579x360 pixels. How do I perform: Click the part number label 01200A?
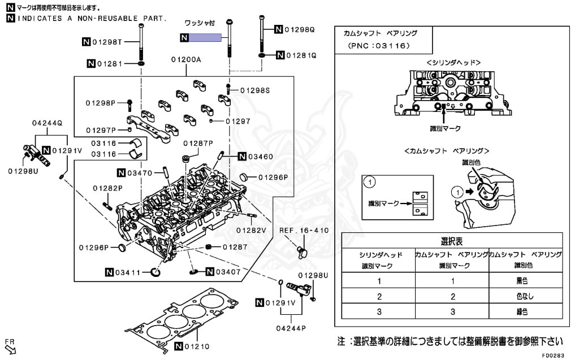(187, 59)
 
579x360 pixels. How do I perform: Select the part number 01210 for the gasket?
(196, 346)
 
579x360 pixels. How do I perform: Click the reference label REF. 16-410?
(304, 230)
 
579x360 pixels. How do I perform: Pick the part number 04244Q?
(47, 123)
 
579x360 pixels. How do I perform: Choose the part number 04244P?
(291, 328)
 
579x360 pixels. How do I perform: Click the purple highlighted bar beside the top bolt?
(205, 38)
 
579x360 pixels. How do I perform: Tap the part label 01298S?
(255, 90)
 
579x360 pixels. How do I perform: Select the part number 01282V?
(250, 230)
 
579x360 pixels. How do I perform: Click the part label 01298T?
(107, 41)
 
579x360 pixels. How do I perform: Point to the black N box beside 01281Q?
(280, 55)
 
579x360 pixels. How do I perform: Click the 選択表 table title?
(452, 241)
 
